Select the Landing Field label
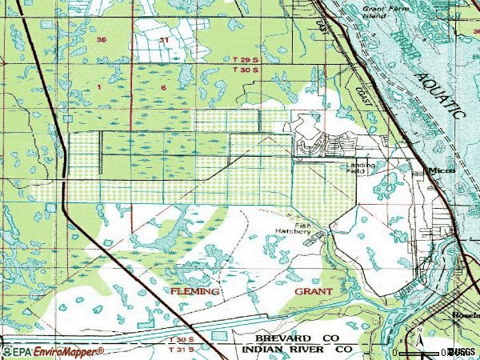[360, 168]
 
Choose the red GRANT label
[314, 292]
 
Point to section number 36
[101, 39]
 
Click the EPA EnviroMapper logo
[52, 351]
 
